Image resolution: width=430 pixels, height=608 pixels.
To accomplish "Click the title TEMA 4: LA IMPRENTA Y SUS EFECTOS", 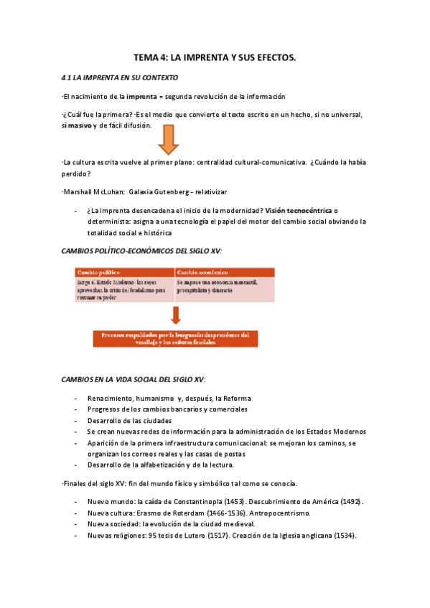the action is click(215, 57).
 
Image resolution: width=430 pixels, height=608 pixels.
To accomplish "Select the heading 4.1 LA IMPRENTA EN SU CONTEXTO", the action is click(120, 77).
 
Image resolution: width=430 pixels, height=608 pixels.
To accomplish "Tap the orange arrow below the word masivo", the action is click(169, 139).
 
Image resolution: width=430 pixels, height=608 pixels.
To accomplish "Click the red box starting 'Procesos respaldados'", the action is click(175, 338).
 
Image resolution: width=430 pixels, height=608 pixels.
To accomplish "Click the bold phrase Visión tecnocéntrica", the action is click(298, 211).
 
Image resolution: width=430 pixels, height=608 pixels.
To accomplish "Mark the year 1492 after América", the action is click(351, 501).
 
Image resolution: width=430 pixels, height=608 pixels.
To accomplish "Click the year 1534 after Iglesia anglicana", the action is click(344, 536).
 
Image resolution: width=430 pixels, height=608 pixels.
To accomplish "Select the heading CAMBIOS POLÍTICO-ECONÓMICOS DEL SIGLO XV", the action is click(141, 250).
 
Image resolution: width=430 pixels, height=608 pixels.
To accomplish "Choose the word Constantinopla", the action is click(191, 501).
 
